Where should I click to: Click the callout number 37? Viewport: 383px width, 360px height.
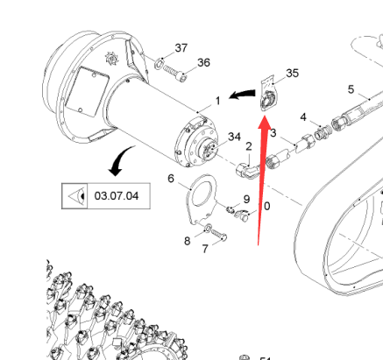[x=181, y=48]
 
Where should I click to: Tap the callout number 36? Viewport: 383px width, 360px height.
[x=203, y=62]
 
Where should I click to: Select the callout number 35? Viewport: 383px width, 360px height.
[x=293, y=73]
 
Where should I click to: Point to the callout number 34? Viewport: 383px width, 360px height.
[x=234, y=137]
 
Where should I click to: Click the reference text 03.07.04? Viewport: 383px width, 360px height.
[x=117, y=196]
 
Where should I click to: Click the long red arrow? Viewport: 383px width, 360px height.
[x=263, y=180]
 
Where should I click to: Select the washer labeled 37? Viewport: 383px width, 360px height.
[x=159, y=63]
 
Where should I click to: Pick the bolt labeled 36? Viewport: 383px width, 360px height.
[x=174, y=74]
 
